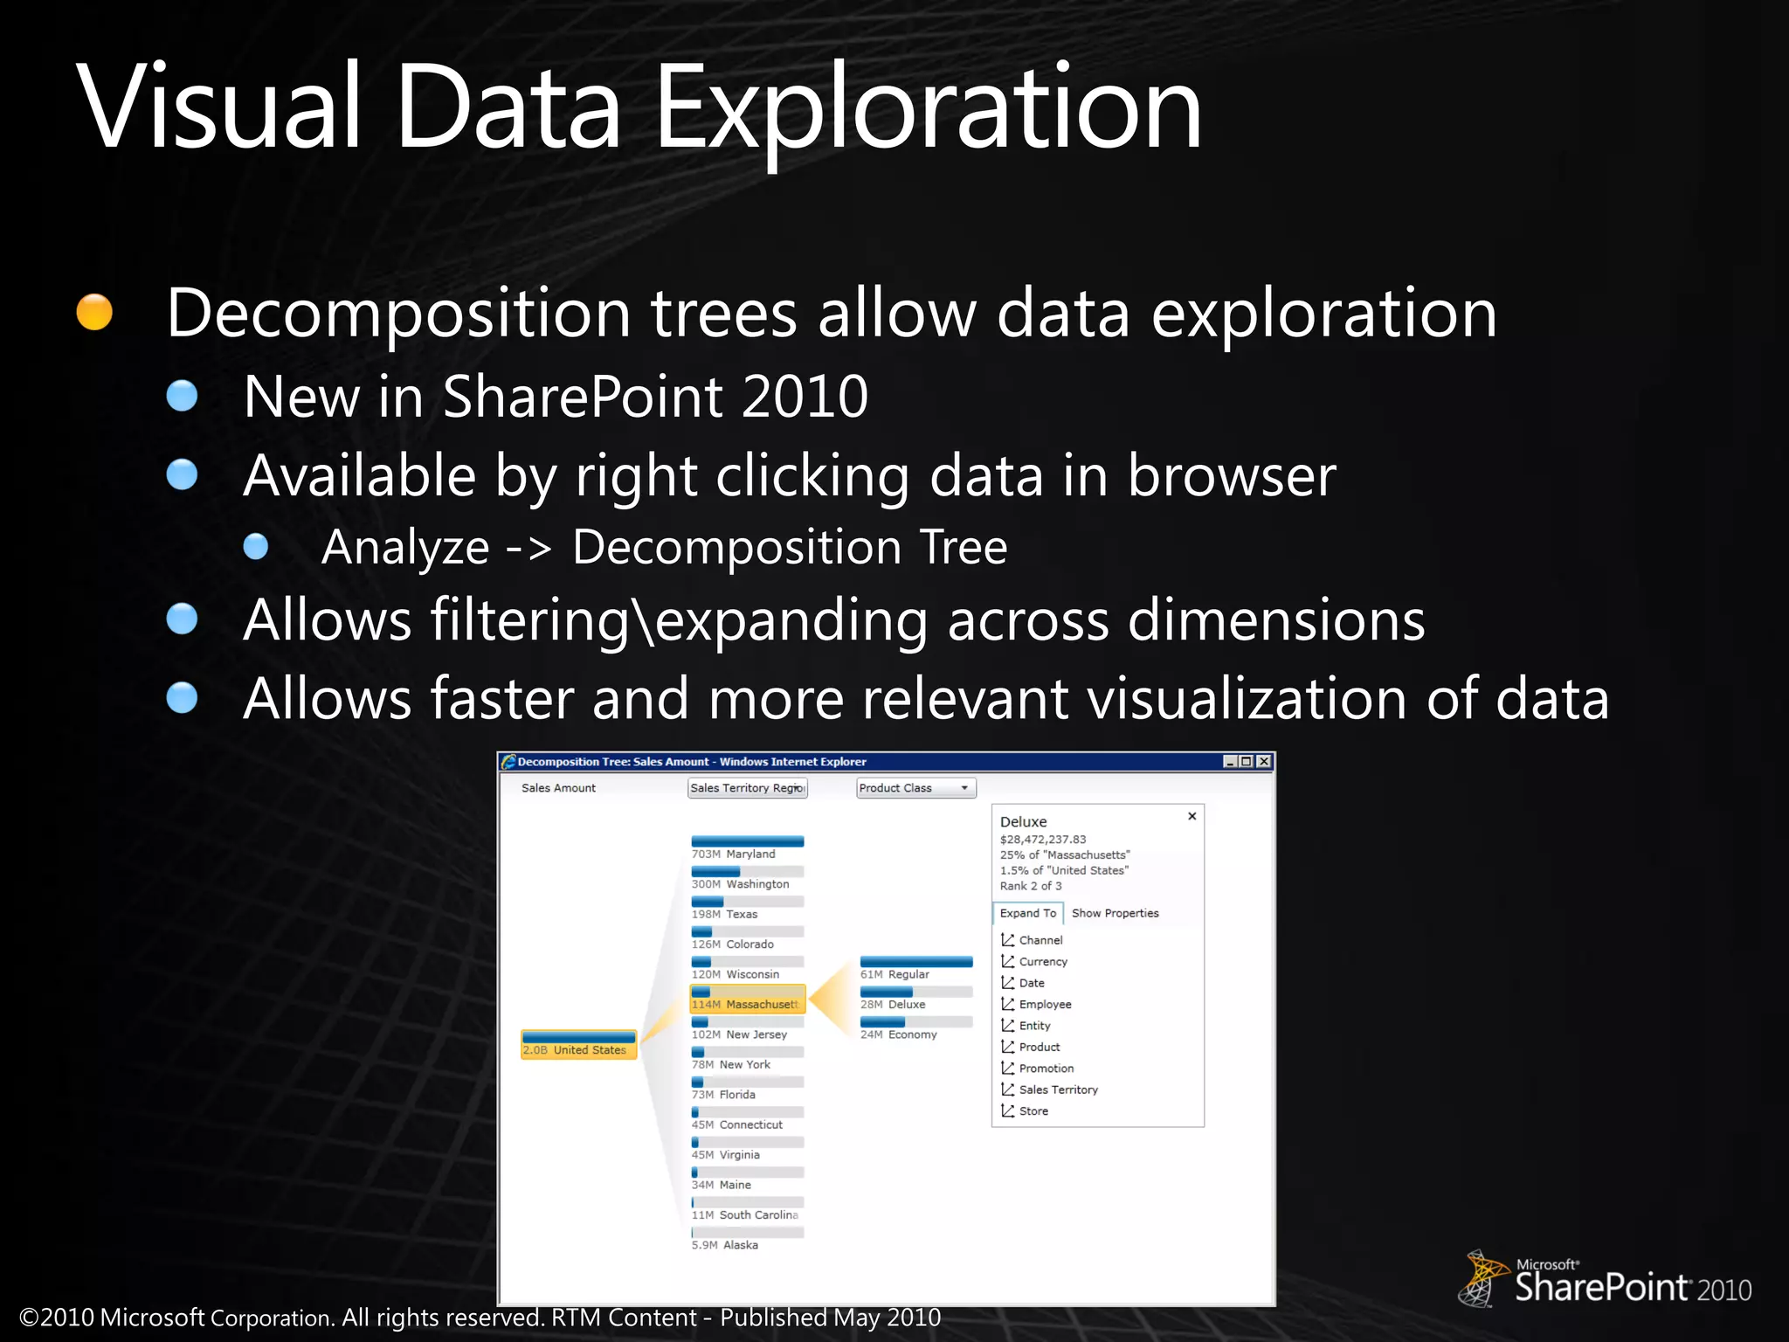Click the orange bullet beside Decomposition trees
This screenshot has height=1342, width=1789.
(94, 312)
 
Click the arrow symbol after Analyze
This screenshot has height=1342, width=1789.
(529, 549)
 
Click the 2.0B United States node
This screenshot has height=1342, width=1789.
(578, 1046)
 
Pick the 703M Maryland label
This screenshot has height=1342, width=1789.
(734, 854)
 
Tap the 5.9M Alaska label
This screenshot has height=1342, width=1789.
(725, 1244)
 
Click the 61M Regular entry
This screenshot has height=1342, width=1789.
(895, 973)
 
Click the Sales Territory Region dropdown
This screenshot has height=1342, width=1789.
(747, 788)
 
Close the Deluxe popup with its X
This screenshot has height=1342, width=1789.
(1192, 816)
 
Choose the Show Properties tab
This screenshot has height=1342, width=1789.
(1115, 913)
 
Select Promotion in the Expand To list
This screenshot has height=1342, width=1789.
(1046, 1068)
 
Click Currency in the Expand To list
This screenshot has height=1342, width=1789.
(1043, 961)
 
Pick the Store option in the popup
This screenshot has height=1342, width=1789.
(1033, 1110)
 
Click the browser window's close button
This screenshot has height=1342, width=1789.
(1263, 762)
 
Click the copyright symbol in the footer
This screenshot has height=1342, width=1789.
(29, 1318)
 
